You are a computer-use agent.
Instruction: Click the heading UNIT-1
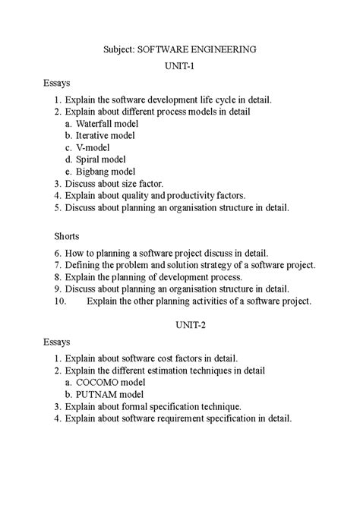tap(180, 66)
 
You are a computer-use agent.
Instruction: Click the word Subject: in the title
tap(118, 49)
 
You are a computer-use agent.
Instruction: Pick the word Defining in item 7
tap(84, 264)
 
